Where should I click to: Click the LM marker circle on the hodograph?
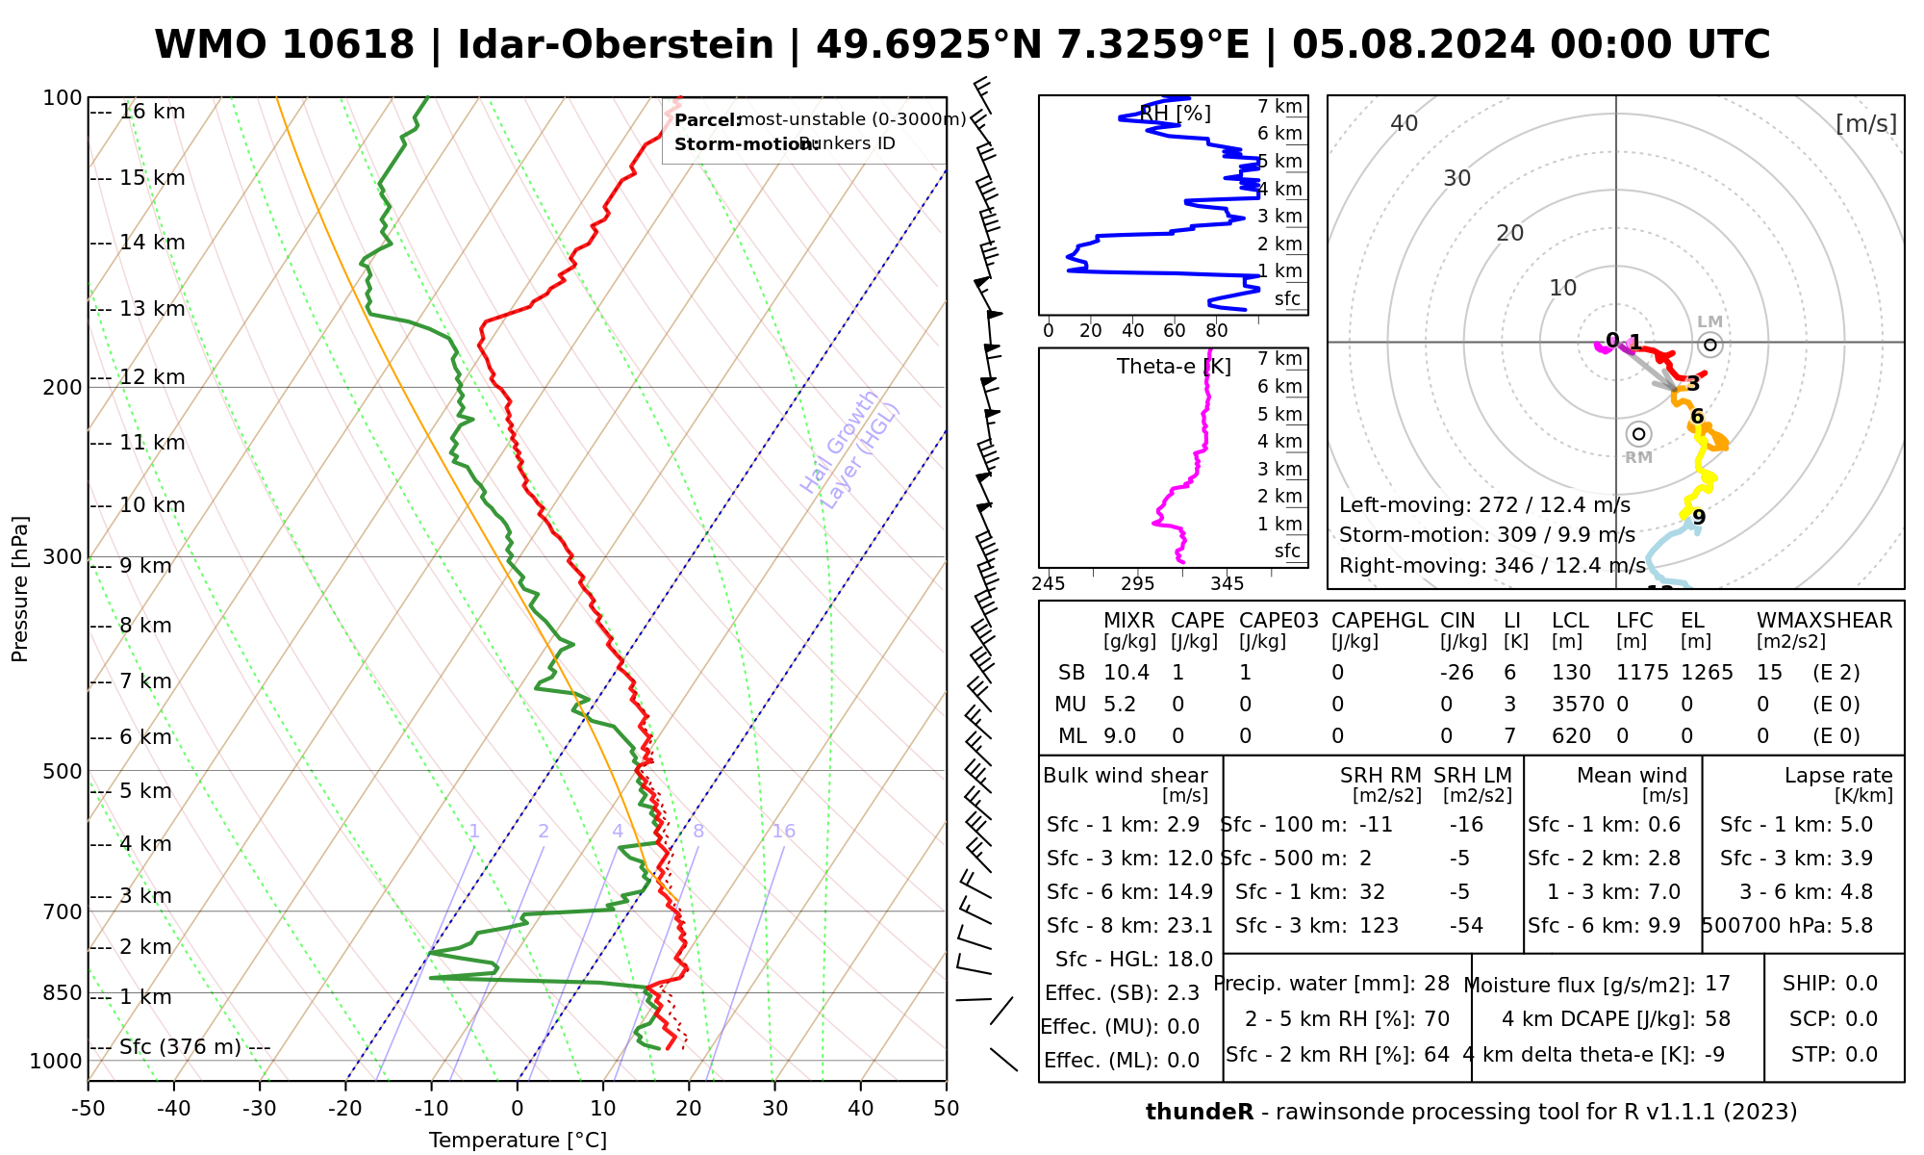pyautogui.click(x=1709, y=345)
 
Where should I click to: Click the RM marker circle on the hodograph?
pyautogui.click(x=1639, y=434)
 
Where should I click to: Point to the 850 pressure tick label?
pyautogui.click(x=63, y=992)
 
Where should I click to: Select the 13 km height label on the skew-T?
pyautogui.click(x=152, y=309)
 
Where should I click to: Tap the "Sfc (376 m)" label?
pyautogui.click(x=180, y=1047)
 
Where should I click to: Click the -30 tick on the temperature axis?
pyautogui.click(x=260, y=1109)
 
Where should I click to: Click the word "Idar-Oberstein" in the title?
pyautogui.click(x=615, y=45)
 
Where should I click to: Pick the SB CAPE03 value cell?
pyautogui.click(x=1246, y=673)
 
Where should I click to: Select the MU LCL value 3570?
pyautogui.click(x=1578, y=705)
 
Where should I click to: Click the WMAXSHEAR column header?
pyautogui.click(x=1824, y=621)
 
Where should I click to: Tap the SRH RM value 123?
pyautogui.click(x=1379, y=926)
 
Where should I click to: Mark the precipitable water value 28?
pyautogui.click(x=1436, y=984)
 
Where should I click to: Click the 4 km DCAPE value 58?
pyautogui.click(x=1717, y=1019)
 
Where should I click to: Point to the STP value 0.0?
pyautogui.click(x=1861, y=1055)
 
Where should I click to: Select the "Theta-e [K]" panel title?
pyautogui.click(x=1174, y=367)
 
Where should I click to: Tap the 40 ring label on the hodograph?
pyautogui.click(x=1405, y=123)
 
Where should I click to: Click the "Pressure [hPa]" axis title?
pyautogui.click(x=20, y=589)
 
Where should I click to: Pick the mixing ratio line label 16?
pyautogui.click(x=783, y=832)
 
